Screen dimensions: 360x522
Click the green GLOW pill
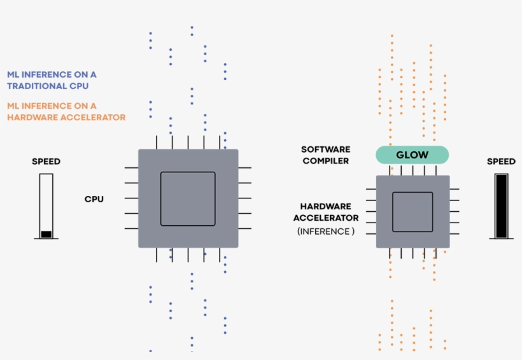tap(412, 155)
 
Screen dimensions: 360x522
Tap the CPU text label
tap(94, 199)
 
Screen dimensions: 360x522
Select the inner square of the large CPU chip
tap(188, 198)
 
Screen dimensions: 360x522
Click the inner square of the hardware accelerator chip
tap(413, 212)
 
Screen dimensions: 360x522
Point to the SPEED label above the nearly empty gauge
tap(46, 162)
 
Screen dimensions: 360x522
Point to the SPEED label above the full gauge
tap(501, 162)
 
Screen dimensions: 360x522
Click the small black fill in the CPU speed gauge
tap(46, 234)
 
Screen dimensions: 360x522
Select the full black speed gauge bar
tap(502, 205)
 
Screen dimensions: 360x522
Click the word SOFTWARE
tap(325, 149)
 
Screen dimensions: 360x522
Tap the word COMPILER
tap(325, 161)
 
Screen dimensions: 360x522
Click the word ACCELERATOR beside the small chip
tap(326, 218)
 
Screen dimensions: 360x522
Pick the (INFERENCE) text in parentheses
tap(326, 232)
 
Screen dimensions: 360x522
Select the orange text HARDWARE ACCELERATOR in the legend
tap(66, 117)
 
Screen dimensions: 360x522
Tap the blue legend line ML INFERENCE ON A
tap(52, 74)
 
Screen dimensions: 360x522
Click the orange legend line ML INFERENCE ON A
tap(52, 106)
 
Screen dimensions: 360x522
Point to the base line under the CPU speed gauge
tap(46, 239)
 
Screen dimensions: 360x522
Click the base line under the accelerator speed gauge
tap(502, 239)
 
